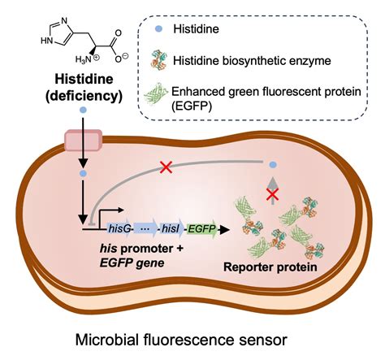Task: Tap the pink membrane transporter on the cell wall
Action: (x=84, y=138)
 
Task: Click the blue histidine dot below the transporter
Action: (x=82, y=173)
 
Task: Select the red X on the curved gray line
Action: (x=165, y=167)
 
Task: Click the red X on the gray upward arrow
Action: (x=274, y=194)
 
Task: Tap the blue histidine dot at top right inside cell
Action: (x=273, y=164)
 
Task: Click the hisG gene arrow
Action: (x=123, y=230)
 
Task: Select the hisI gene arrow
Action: (x=171, y=230)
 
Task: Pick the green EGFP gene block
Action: (x=201, y=230)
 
